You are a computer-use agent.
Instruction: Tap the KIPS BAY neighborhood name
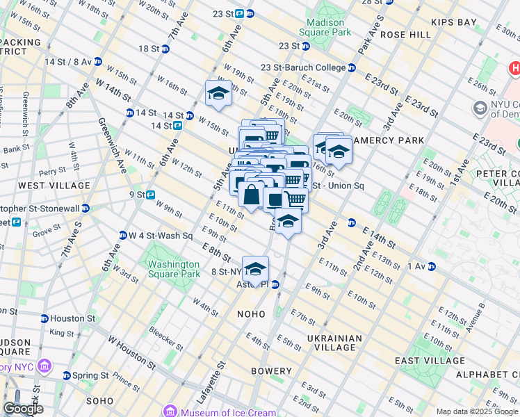pyautogui.click(x=453, y=22)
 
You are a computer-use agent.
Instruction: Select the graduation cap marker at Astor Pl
pyautogui.click(x=255, y=269)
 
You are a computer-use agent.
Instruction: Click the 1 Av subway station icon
pyautogui.click(x=432, y=266)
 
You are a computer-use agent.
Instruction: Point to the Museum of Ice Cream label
pyautogui.click(x=219, y=410)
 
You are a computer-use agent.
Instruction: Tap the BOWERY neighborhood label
pyautogui.click(x=271, y=371)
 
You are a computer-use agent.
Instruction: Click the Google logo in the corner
pyautogui.click(x=24, y=409)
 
